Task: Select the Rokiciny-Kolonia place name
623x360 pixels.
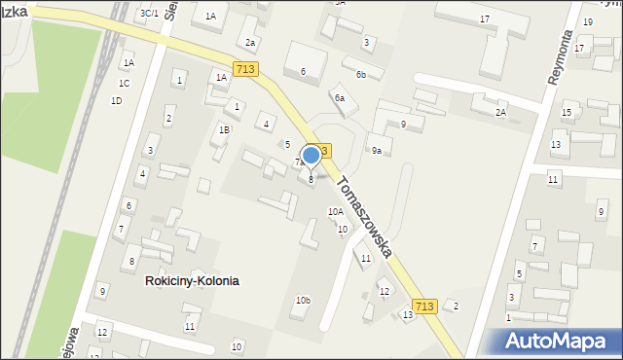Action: (x=192, y=280)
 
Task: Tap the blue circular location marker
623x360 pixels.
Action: (x=311, y=155)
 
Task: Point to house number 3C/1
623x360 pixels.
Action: (x=149, y=13)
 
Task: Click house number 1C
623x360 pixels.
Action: (x=125, y=83)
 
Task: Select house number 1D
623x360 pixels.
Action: (x=117, y=101)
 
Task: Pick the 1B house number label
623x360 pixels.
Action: (x=224, y=129)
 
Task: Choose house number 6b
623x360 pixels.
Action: (x=360, y=75)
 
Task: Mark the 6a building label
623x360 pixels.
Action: (x=339, y=97)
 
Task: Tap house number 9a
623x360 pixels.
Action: (x=376, y=150)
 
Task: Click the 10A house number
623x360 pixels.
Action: (x=336, y=211)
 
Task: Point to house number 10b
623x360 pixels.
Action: (x=303, y=300)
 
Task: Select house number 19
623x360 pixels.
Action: (x=587, y=21)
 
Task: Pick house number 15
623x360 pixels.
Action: (x=567, y=113)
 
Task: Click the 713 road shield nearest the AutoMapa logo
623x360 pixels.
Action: (x=423, y=306)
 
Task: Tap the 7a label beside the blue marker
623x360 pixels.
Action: (x=300, y=162)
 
